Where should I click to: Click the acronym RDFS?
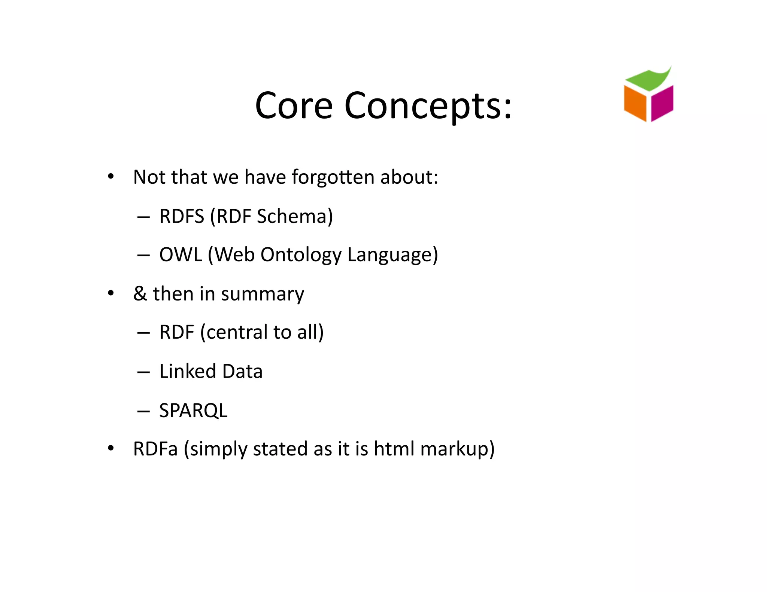182,216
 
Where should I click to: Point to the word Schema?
294,216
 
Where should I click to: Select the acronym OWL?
181,255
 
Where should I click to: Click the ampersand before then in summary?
140,294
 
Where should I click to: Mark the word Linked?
188,371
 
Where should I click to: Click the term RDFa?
155,449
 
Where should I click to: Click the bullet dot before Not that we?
110,176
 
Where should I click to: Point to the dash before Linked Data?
143,372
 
